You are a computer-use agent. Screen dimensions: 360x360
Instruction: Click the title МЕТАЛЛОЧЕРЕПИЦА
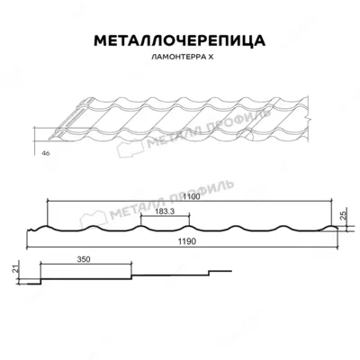click(180, 41)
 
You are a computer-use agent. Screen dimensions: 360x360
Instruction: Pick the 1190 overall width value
click(185, 243)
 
